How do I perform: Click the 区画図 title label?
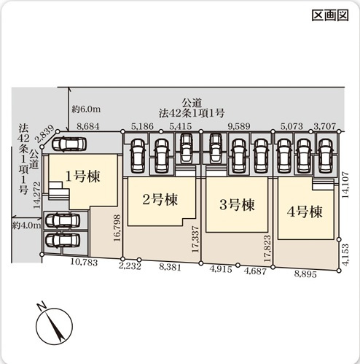tap(330, 16)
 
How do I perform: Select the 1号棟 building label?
tap(82, 176)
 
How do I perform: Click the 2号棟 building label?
tap(160, 198)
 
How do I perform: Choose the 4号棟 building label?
tap(305, 212)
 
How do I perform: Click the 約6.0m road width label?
tap(86, 109)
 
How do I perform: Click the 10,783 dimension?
tap(85, 261)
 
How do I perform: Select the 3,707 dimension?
tap(324, 126)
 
